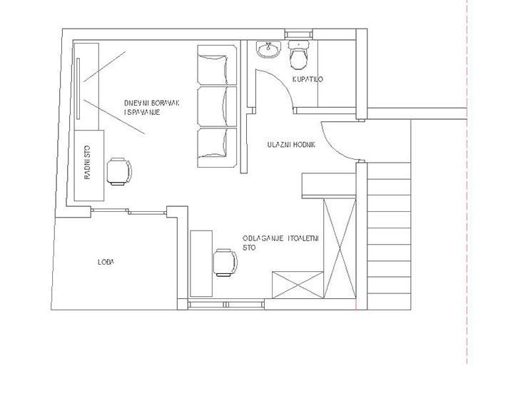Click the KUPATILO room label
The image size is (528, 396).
pyautogui.click(x=308, y=79)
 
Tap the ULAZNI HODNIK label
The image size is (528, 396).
pyautogui.click(x=291, y=145)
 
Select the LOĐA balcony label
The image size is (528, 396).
pyautogui.click(x=106, y=262)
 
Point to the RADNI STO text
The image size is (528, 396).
pyautogui.click(x=87, y=162)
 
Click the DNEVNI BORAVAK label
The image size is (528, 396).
pyautogui.click(x=151, y=103)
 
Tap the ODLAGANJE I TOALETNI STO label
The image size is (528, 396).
pyautogui.click(x=280, y=243)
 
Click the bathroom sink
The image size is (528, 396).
pyautogui.click(x=268, y=50)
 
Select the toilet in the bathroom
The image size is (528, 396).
pyautogui.click(x=298, y=54)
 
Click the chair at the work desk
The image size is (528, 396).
pyautogui.click(x=120, y=171)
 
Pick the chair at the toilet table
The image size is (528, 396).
pyautogui.click(x=225, y=263)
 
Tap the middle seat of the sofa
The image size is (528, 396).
pyautogui.click(x=217, y=106)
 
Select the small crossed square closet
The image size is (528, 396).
pyautogui.click(x=298, y=285)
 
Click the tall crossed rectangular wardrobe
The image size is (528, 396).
pyautogui.click(x=340, y=249)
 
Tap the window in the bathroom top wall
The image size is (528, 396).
pyautogui.click(x=299, y=34)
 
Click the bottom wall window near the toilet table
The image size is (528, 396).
pyautogui.click(x=226, y=305)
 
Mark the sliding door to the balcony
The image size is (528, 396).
pyautogui.click(x=128, y=211)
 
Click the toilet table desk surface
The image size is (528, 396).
pyautogui.click(x=201, y=264)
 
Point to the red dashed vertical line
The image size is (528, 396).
pyautogui.click(x=467, y=182)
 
